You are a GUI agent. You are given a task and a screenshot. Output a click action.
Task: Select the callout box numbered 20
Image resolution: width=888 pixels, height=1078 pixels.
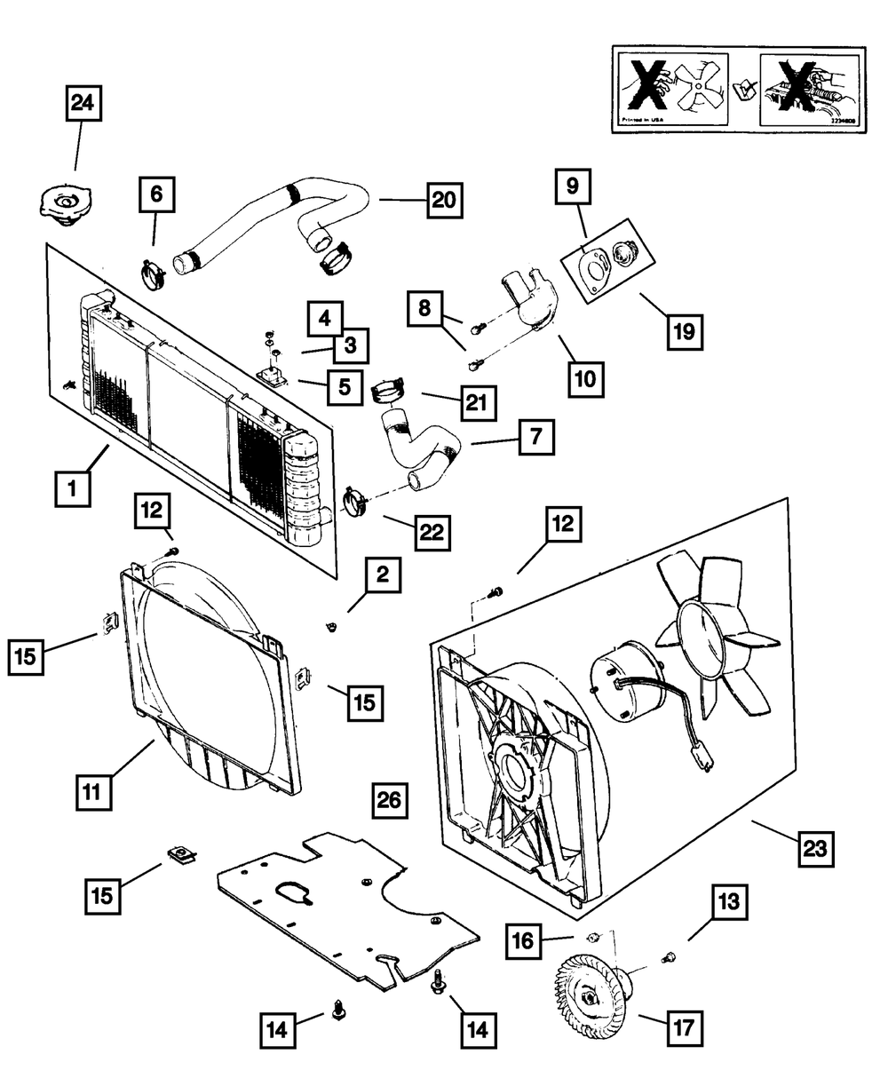(x=444, y=201)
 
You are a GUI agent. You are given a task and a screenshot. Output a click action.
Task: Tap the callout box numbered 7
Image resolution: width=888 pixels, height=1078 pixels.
(x=537, y=438)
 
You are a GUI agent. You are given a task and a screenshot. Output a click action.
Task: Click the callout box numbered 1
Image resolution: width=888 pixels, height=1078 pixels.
(x=73, y=488)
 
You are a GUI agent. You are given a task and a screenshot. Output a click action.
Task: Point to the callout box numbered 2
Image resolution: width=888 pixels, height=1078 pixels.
(x=382, y=576)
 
